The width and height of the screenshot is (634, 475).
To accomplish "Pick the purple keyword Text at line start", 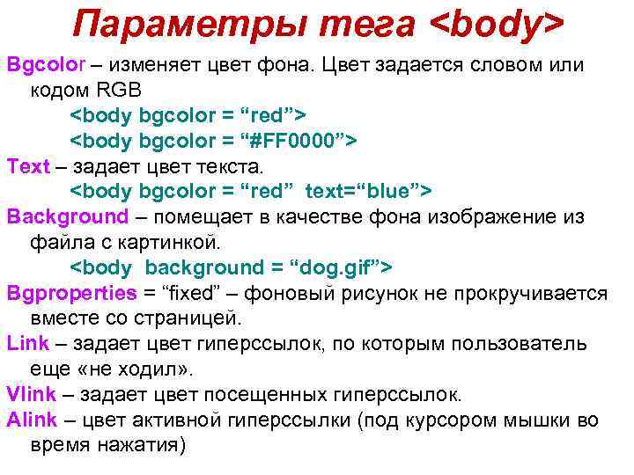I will coord(28,166).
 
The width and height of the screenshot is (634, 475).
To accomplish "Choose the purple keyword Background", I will coord(68,216).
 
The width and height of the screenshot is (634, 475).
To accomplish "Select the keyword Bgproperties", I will coord(71,293).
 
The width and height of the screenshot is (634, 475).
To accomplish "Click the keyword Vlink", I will coord(32,394).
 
